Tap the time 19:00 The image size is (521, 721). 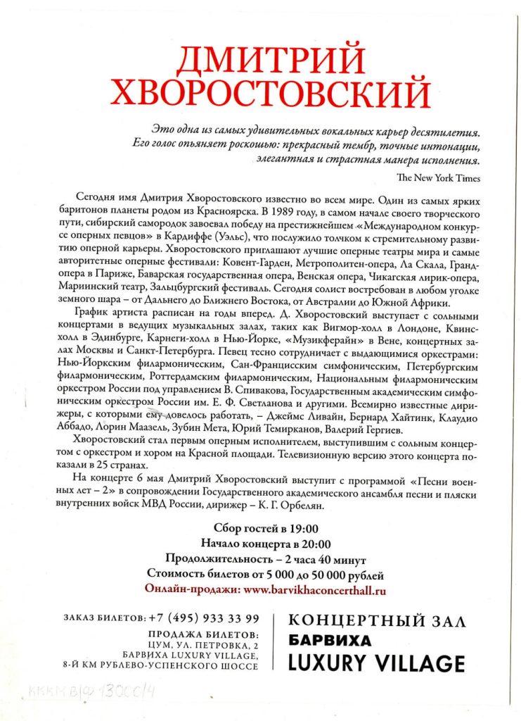point(304,529)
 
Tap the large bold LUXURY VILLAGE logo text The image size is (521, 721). point(377,663)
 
